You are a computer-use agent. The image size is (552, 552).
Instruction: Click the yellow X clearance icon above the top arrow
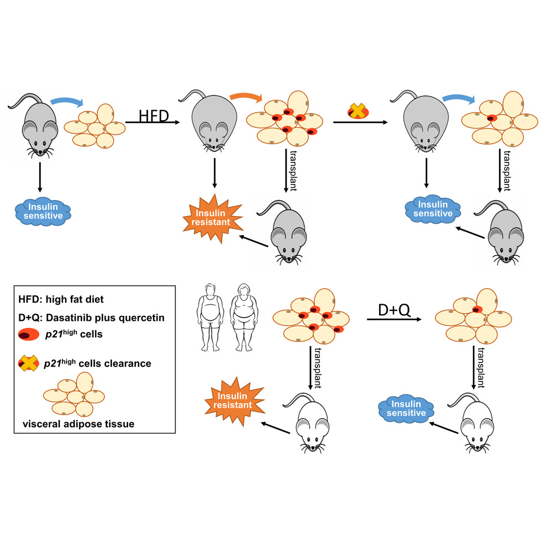[358, 112]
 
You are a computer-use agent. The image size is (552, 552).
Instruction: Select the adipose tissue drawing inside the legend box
[75, 394]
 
